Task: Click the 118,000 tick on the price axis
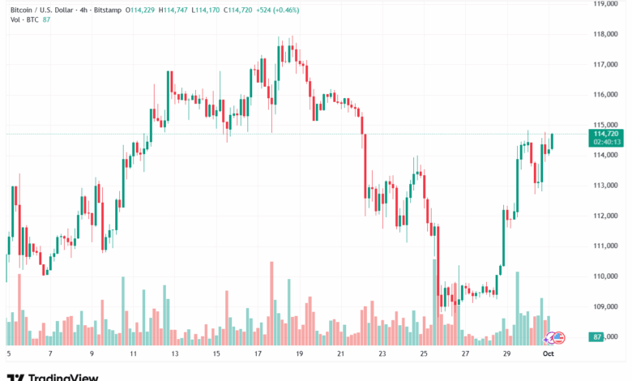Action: pos(605,34)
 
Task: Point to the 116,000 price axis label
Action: pos(605,95)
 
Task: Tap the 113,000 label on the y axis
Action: pos(605,186)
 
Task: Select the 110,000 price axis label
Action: pos(605,276)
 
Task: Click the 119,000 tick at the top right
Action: pos(605,4)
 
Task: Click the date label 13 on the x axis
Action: pos(174,353)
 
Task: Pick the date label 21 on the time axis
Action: pos(341,353)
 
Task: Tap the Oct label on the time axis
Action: pos(549,353)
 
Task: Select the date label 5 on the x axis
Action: pos(9,353)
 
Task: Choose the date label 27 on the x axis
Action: pos(466,353)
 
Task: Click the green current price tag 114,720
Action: pos(606,133)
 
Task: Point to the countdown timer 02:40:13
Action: pos(606,142)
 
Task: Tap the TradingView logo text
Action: pos(63,376)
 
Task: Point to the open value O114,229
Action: pos(141,8)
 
